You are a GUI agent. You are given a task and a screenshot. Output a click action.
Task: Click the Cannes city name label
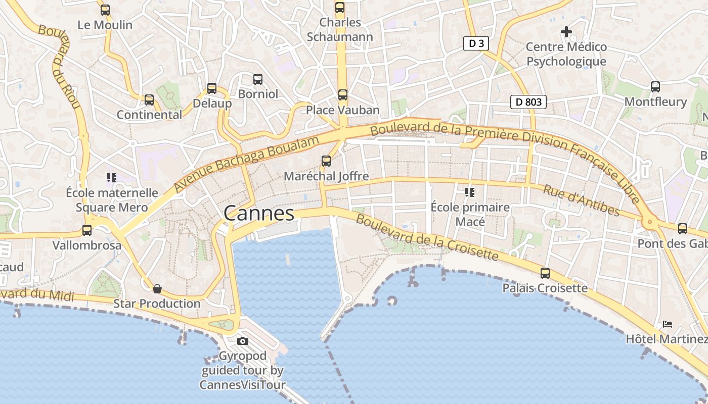click(259, 213)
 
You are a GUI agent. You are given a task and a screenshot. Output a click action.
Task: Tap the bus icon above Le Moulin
click(105, 10)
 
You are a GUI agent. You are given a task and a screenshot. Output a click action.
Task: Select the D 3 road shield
click(476, 43)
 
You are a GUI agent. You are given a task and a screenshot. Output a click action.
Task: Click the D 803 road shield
click(528, 102)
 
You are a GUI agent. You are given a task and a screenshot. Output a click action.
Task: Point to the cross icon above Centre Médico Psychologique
click(566, 32)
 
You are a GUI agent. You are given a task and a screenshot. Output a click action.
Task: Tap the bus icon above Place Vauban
click(343, 94)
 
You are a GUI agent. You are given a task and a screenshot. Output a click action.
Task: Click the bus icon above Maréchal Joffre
click(326, 161)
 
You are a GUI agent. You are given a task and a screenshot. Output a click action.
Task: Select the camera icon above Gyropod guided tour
click(243, 341)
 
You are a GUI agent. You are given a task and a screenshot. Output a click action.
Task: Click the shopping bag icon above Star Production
click(157, 289)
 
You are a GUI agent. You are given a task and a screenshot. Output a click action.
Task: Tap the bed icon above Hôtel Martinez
click(668, 324)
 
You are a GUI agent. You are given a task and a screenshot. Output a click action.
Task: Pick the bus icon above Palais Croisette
click(545, 273)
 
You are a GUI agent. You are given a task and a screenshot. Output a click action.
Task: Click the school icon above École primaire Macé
click(470, 192)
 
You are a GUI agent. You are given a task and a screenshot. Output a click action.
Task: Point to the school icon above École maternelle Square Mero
click(112, 177)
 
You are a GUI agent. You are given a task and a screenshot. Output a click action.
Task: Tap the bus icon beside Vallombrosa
click(87, 230)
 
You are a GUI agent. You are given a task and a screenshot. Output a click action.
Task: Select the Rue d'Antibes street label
click(581, 200)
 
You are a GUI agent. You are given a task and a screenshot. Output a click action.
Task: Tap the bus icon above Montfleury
click(655, 87)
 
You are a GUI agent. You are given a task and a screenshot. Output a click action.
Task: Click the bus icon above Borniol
click(258, 79)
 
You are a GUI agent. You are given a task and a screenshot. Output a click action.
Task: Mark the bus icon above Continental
click(149, 100)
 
